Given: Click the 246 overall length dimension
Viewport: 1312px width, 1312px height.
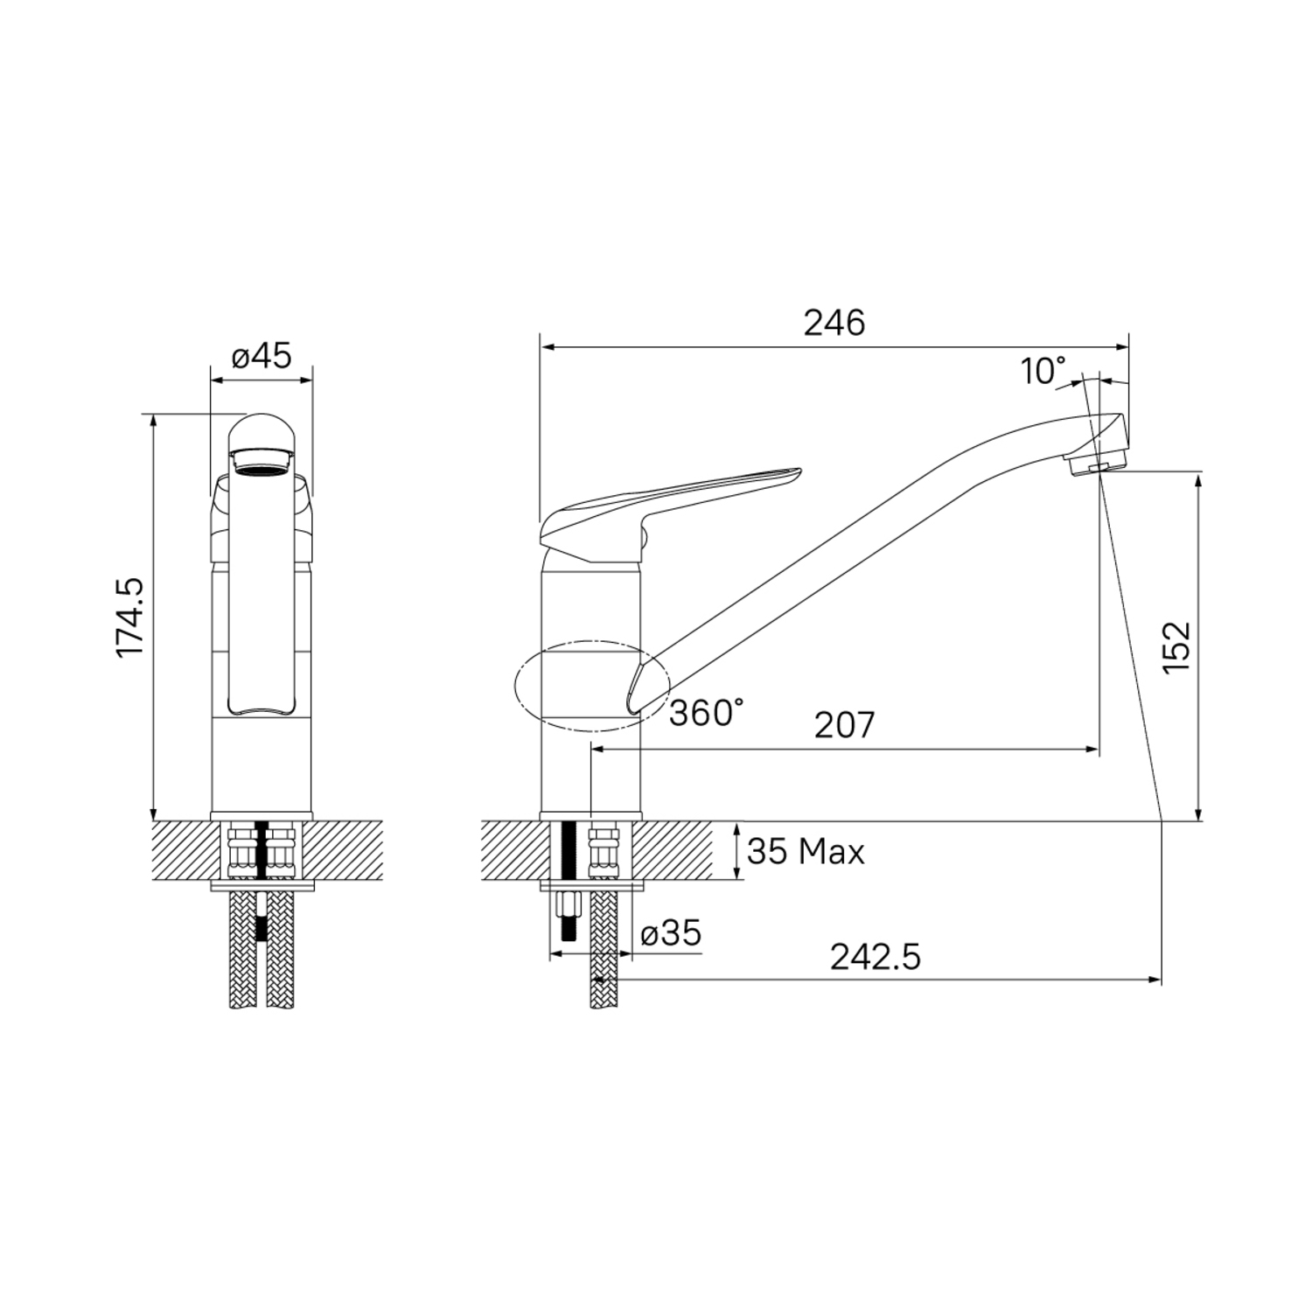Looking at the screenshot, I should pyautogui.click(x=834, y=324).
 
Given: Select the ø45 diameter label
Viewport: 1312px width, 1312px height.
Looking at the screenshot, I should pyautogui.click(x=262, y=356).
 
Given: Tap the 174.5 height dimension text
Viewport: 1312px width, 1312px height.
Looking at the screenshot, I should pyautogui.click(x=132, y=618).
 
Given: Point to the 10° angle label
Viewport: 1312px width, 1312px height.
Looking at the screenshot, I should pyautogui.click(x=1043, y=372).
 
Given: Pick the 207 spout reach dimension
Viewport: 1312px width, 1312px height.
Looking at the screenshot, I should pyautogui.click(x=844, y=725).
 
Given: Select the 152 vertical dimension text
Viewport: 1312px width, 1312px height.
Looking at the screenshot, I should pyautogui.click(x=1177, y=646).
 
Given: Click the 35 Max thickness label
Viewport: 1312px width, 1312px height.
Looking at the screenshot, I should pyautogui.click(x=806, y=851).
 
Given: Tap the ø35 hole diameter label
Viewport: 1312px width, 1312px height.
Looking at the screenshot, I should pyautogui.click(x=671, y=933).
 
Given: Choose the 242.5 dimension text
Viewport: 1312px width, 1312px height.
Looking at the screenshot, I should pyautogui.click(x=875, y=957).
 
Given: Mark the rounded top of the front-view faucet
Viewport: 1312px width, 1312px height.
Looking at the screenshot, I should pyautogui.click(x=262, y=429).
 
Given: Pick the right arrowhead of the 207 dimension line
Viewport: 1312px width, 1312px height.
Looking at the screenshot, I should pyautogui.click(x=1092, y=749).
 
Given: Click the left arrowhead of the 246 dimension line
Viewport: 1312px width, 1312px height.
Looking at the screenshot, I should pyautogui.click(x=548, y=347).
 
